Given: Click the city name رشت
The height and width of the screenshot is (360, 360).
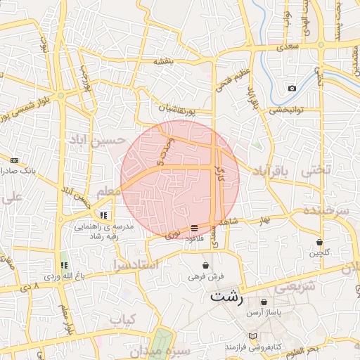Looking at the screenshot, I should click(x=227, y=297).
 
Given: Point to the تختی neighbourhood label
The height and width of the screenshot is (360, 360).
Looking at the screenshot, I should click(x=314, y=170).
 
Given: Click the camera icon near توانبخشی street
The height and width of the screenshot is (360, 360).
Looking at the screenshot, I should click(x=292, y=89).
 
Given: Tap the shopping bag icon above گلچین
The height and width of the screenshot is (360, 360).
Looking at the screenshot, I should click(x=320, y=242).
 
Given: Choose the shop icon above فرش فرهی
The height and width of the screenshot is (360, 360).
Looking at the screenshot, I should click(x=205, y=266).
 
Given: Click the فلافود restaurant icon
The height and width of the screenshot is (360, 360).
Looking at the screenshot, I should click(x=194, y=228).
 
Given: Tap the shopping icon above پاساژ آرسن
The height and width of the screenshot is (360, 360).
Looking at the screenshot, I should click(x=264, y=302).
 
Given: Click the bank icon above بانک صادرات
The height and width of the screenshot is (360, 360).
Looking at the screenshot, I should click(x=14, y=160).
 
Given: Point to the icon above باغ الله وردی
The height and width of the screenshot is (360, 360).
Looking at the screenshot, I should click(x=64, y=266).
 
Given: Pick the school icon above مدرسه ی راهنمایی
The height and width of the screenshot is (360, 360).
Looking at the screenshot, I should click(x=103, y=215).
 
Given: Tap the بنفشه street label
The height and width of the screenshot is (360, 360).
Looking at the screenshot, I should click(x=164, y=61).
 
